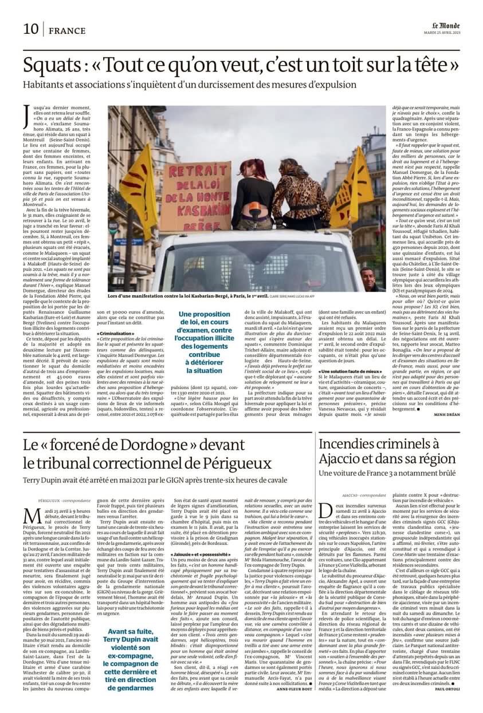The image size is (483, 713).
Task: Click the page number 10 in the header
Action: tap(31, 29)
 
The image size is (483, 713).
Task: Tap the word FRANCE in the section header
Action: tap(67, 30)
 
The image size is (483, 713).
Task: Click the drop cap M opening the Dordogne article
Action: tap(32, 514)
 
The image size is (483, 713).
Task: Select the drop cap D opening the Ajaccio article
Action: tap(325, 510)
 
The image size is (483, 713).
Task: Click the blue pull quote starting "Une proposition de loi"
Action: tap(204, 342)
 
